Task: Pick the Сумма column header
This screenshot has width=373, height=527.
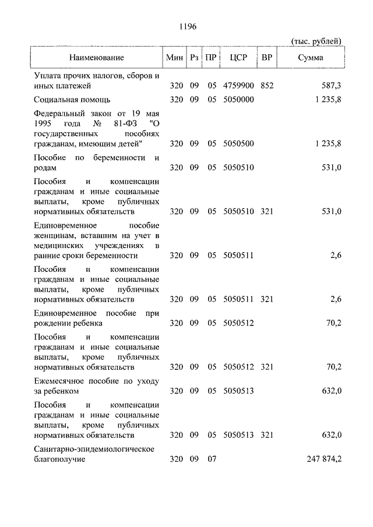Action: point(310,58)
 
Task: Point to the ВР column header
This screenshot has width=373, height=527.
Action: point(267,58)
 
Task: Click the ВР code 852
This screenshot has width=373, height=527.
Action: point(267,86)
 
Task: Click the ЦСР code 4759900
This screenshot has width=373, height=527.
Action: point(239,86)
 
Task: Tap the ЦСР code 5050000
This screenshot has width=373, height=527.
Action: point(239,100)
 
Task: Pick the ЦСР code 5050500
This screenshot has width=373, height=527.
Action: point(239,143)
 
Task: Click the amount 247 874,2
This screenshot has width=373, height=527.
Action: point(324,459)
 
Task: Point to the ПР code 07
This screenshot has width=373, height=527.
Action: point(212,459)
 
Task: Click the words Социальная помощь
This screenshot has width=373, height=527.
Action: point(72,100)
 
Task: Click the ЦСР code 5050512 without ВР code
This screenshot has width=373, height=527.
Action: point(239,323)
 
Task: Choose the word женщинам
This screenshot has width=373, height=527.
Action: point(54,235)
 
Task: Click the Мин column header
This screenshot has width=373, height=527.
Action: point(175,58)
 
